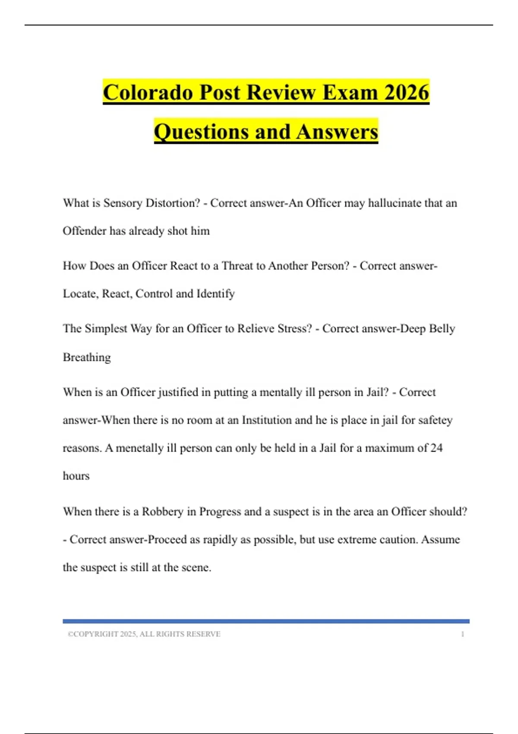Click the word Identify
(215, 294)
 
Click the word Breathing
(87, 357)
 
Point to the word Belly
(442, 329)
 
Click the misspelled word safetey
(435, 420)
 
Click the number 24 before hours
(436, 448)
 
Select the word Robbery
(163, 512)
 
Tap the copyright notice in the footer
(144, 634)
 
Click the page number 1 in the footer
(463, 634)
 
